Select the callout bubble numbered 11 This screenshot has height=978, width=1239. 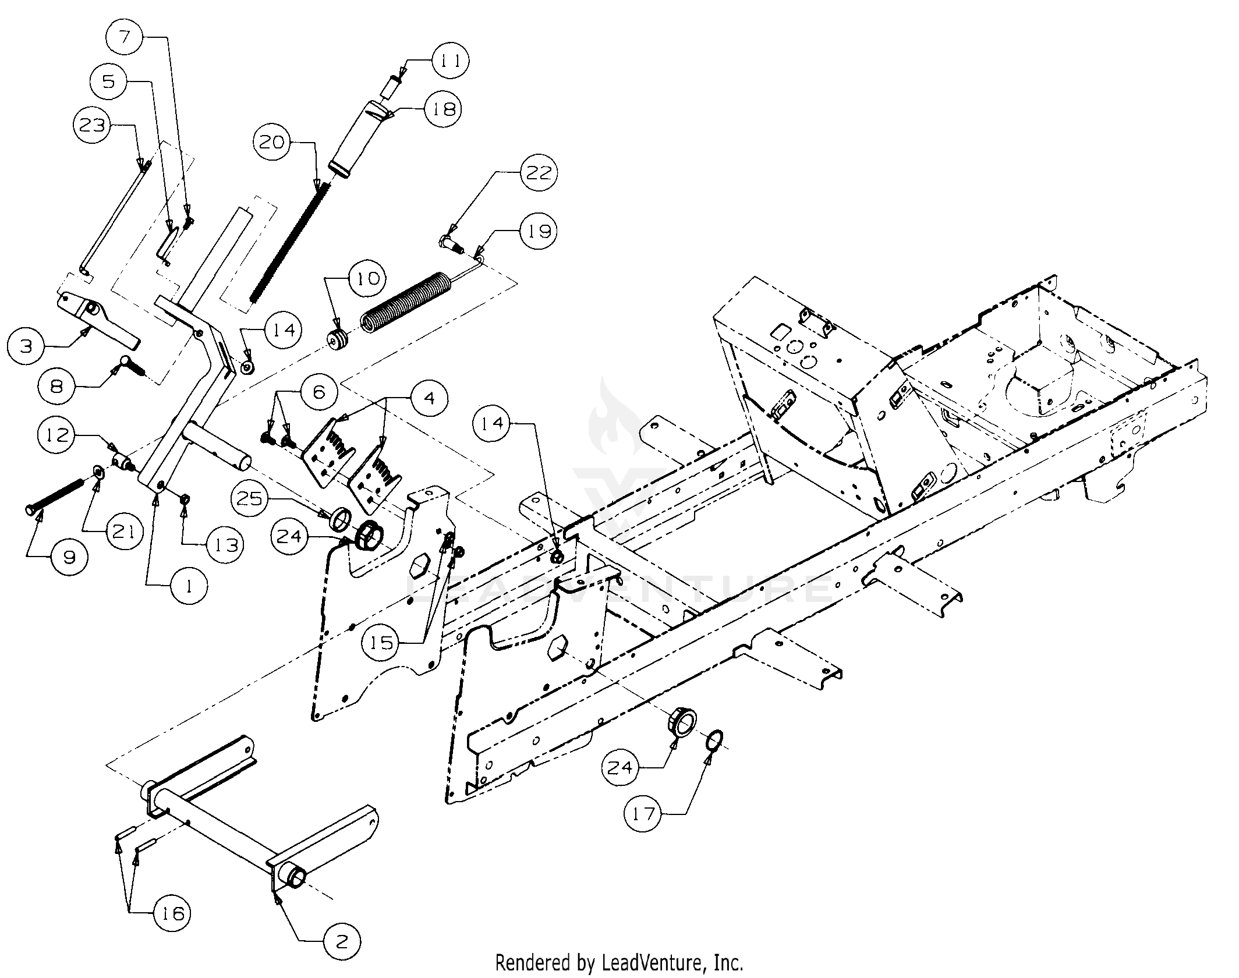[449, 61]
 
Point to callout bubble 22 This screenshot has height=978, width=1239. [538, 173]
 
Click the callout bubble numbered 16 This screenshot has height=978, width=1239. [173, 913]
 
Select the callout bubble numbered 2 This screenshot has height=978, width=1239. [341, 942]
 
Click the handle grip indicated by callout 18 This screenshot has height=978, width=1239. [355, 138]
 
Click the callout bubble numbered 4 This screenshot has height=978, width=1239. [429, 398]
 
